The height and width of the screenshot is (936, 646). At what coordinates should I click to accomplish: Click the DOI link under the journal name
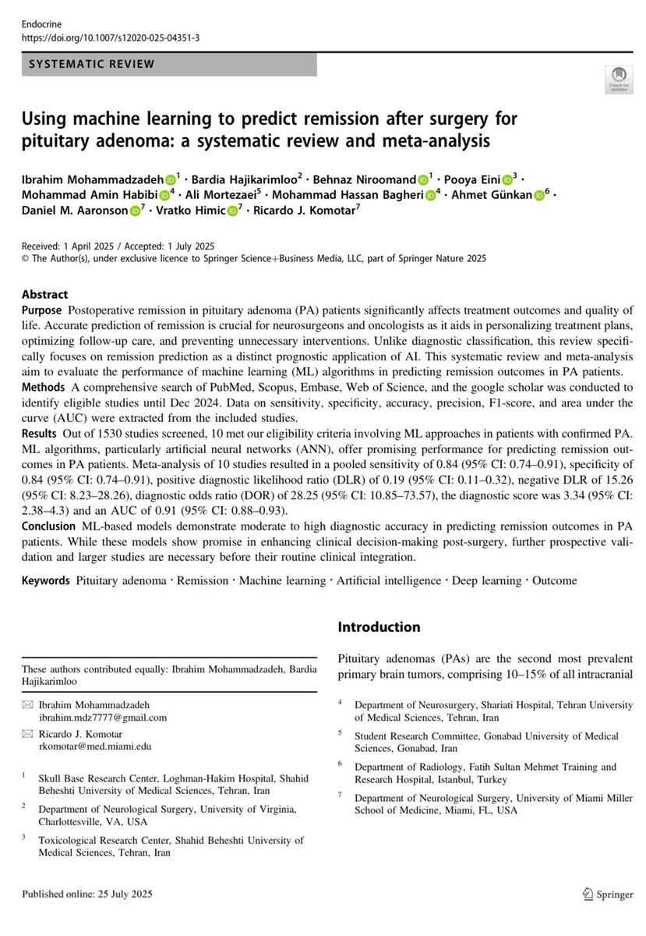click(110, 37)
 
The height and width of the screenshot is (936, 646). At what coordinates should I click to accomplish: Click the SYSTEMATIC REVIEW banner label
click(92, 64)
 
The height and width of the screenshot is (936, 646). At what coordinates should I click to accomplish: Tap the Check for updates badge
click(618, 80)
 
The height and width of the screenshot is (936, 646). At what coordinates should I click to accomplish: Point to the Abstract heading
click(44, 295)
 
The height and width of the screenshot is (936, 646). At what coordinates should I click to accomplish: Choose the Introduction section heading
click(379, 627)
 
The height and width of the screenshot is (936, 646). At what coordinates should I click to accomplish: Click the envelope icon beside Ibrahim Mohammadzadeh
click(28, 704)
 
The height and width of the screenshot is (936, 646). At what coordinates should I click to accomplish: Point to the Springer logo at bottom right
click(607, 894)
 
